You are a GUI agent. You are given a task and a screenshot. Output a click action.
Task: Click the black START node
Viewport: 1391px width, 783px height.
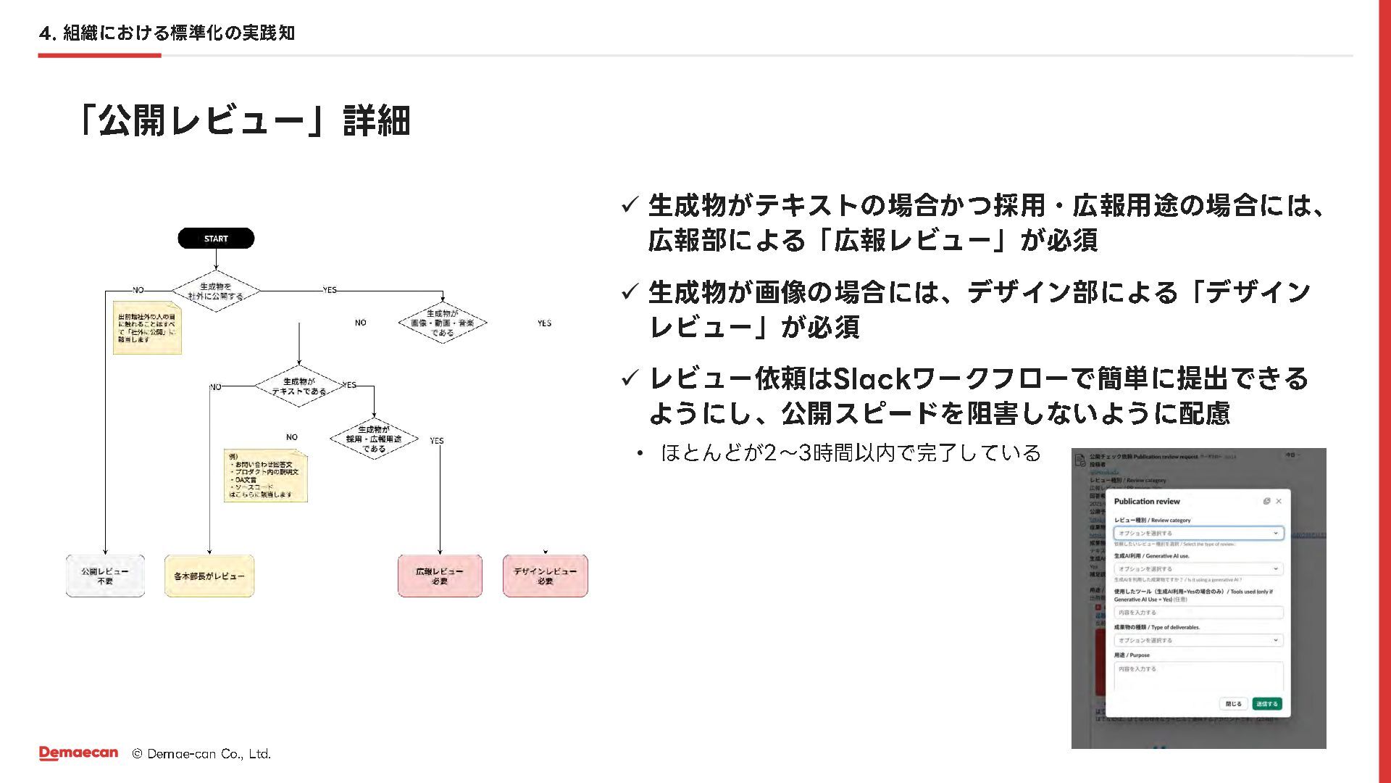coord(216,239)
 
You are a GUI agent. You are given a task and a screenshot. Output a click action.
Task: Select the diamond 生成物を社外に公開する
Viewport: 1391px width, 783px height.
coord(215,291)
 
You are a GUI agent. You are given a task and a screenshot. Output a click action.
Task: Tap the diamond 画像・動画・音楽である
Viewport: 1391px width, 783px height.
coord(442,323)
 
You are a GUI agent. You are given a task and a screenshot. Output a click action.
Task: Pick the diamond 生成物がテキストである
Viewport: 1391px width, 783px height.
coord(298,386)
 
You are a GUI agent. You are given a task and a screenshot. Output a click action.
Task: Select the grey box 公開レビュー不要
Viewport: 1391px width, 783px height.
coord(105,576)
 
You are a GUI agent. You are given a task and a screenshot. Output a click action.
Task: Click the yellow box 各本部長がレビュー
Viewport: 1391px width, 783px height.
coord(209,576)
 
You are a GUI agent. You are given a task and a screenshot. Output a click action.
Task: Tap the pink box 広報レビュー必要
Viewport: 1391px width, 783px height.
coord(440,576)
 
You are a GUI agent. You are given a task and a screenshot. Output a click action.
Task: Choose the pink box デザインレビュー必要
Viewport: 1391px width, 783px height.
coord(545,576)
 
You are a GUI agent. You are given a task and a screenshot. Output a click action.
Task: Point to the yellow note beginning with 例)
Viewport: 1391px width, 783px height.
coord(265,476)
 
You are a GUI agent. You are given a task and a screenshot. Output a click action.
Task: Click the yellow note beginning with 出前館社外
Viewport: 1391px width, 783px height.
coord(146,328)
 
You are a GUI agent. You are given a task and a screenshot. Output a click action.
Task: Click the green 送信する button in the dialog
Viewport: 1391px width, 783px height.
coord(1267,704)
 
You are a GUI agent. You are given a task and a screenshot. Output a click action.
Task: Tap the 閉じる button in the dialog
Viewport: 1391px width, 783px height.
coord(1233,704)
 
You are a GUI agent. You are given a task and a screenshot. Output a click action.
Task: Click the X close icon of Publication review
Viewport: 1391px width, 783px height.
coord(1279,501)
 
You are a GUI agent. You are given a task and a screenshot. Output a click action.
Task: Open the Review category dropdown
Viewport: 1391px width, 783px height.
coord(1198,533)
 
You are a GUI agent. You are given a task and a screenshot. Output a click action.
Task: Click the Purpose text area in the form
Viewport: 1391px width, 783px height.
coord(1198,676)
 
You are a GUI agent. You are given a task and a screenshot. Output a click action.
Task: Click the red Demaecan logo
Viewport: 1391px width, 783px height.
coord(78,753)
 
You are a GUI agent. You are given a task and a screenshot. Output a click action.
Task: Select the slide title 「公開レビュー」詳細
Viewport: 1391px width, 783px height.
coord(244,120)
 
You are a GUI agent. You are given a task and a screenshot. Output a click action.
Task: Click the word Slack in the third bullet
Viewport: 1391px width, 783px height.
coord(872,378)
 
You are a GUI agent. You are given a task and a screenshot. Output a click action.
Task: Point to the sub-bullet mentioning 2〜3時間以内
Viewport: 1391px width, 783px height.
coord(851,453)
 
